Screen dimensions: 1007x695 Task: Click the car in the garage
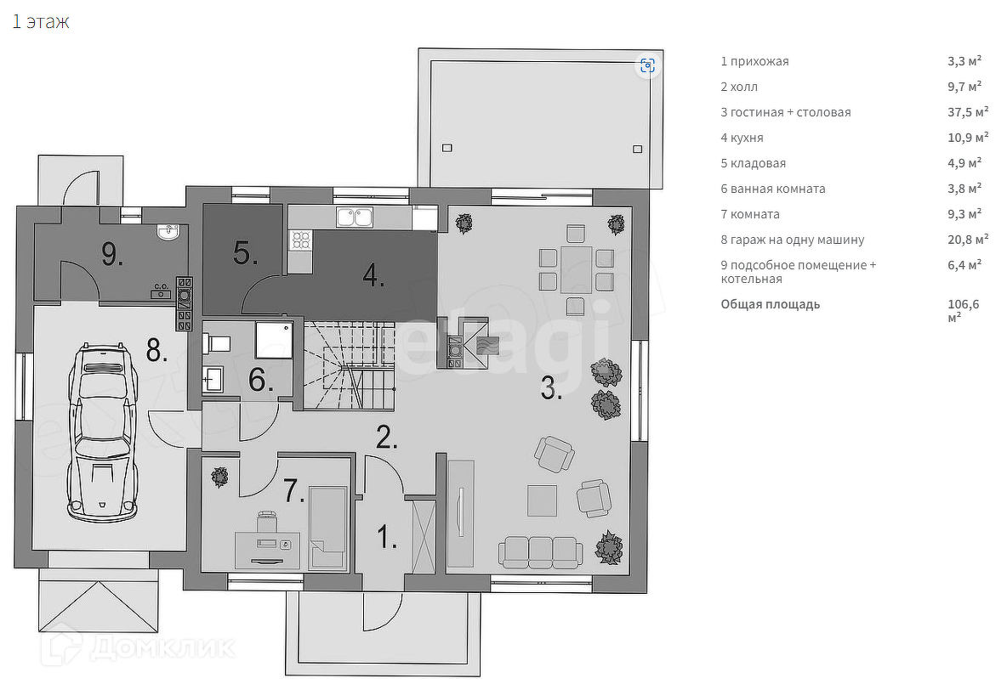click(103, 432)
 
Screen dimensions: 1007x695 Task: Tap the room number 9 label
click(111, 255)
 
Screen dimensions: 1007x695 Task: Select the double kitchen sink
click(355, 217)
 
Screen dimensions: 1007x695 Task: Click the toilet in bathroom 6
click(216, 343)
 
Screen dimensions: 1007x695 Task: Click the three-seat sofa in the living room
click(540, 552)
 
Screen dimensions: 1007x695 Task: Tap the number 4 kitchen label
click(373, 275)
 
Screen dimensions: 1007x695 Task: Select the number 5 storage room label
click(245, 253)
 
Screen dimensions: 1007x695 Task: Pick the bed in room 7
click(328, 528)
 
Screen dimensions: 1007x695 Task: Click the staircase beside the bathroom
click(349, 366)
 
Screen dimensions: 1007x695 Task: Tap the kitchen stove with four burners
click(300, 240)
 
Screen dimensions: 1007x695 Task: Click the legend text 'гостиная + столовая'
click(791, 112)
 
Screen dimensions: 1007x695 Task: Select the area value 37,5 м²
click(968, 111)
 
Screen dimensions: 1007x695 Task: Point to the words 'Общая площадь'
click(770, 304)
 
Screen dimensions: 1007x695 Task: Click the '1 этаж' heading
click(41, 22)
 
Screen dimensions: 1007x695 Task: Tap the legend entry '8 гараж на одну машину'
click(793, 240)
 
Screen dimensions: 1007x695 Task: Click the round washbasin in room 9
click(168, 232)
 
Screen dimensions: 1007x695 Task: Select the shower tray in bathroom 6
click(274, 340)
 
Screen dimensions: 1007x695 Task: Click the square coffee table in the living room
click(542, 500)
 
